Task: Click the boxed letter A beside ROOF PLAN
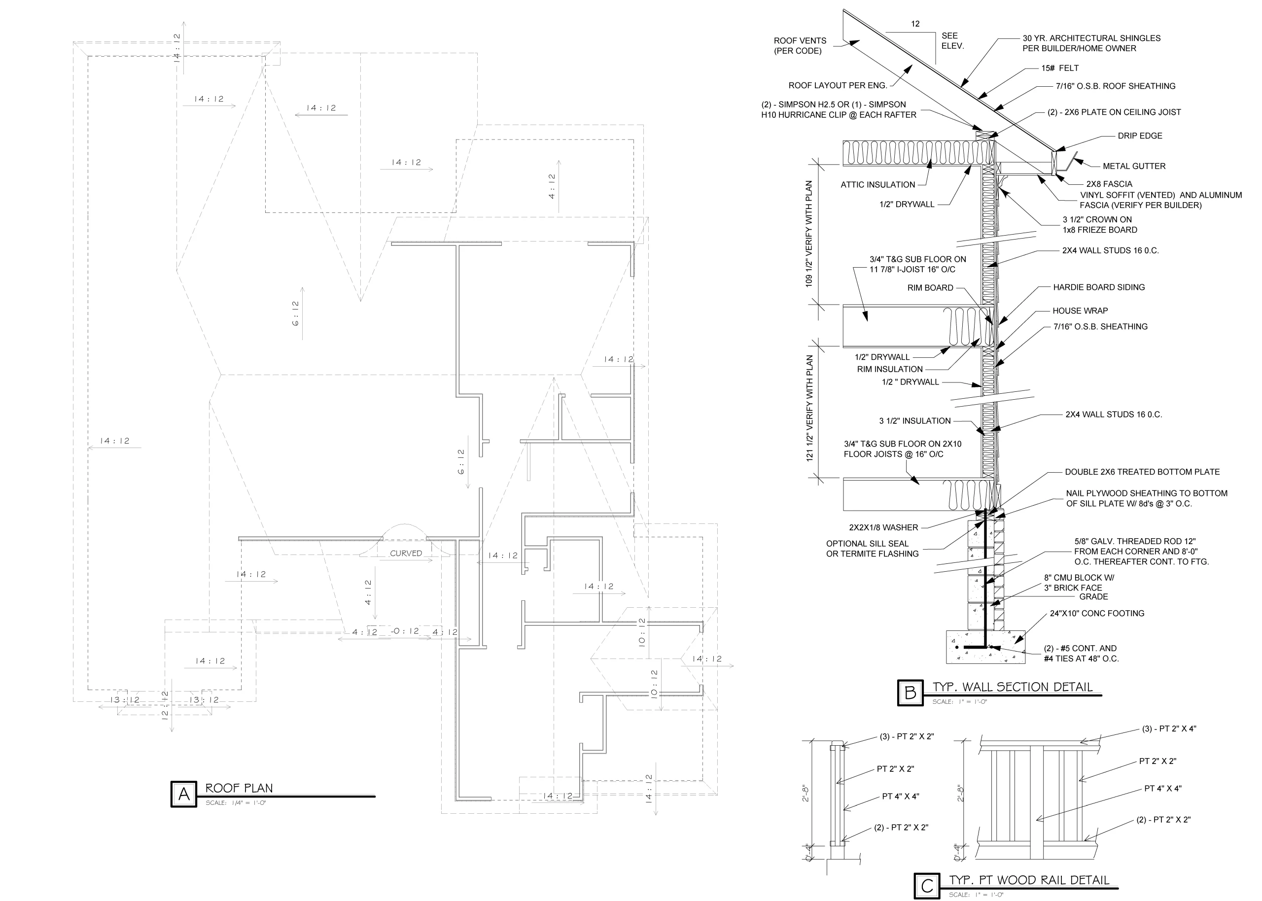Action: (183, 794)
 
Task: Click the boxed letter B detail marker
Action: (911, 693)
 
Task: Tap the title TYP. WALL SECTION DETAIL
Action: (1013, 687)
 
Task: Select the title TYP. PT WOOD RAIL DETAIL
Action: (1029, 880)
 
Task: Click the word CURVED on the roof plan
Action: (406, 554)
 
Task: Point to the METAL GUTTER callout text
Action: (1134, 166)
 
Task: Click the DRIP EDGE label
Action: (1140, 136)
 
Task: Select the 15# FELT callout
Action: (1060, 68)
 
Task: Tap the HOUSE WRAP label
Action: (1080, 311)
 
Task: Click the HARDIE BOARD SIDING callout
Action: (1099, 287)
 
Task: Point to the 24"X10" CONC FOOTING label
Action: (1097, 614)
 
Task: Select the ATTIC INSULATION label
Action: (877, 185)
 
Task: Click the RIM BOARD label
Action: (930, 288)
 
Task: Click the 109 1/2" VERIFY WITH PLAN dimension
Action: (809, 234)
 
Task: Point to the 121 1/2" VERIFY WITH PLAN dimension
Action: (809, 408)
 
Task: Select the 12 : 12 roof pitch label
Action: (165, 706)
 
